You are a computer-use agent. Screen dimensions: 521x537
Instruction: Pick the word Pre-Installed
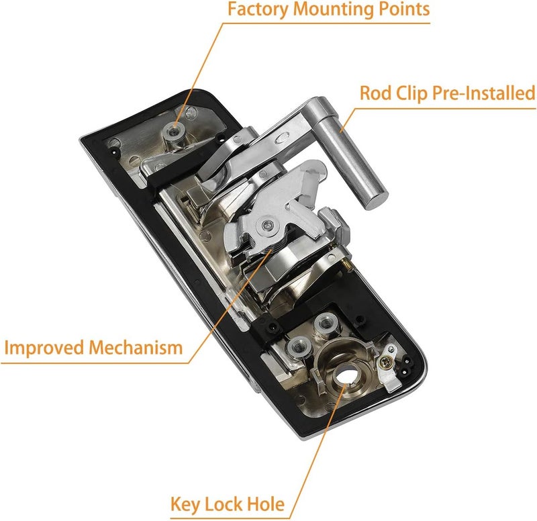coord(485,92)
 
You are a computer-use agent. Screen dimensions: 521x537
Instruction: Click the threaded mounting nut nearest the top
coord(176,126)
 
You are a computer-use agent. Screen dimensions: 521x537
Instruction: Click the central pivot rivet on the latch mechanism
coord(268,226)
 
